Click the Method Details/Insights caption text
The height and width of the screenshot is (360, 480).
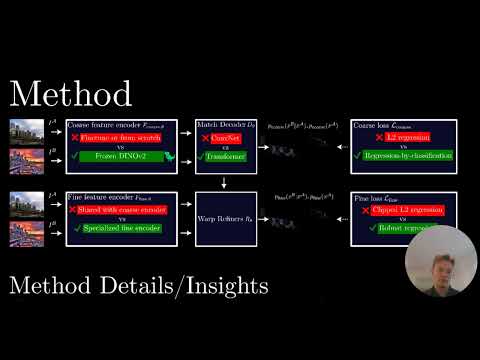138,286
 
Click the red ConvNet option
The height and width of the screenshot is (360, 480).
233,140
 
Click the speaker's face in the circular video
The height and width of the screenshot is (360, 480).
440,264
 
